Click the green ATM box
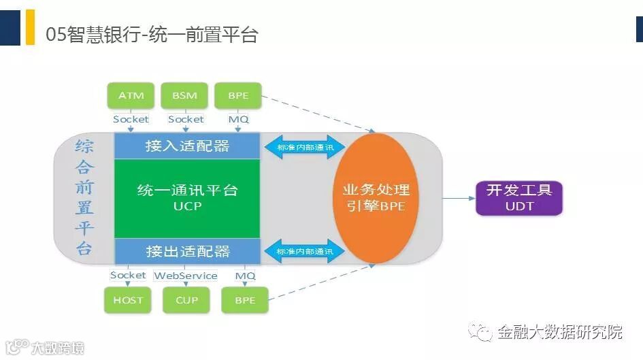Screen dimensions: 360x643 [x=131, y=96]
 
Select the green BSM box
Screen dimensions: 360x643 [x=184, y=96]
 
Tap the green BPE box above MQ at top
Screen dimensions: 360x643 [x=238, y=96]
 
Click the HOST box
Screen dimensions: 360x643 [x=128, y=300]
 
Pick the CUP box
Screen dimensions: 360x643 [x=186, y=300]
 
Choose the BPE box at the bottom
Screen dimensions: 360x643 [x=245, y=300]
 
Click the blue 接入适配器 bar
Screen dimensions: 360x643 [x=187, y=146]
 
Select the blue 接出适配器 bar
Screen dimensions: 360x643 [x=187, y=251]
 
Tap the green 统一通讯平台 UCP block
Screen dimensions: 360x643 [x=187, y=198]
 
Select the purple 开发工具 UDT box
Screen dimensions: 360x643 [x=519, y=198]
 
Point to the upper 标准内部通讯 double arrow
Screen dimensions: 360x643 [x=305, y=147]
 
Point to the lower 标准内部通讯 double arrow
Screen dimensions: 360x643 [x=305, y=251]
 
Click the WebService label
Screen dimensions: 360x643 [x=186, y=276]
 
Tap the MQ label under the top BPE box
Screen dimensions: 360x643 [x=239, y=119]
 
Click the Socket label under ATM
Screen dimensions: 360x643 [x=131, y=119]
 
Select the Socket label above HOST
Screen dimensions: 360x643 [x=128, y=276]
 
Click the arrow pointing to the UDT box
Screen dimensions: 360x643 [x=459, y=198]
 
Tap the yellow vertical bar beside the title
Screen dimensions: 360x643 [x=30, y=27]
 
